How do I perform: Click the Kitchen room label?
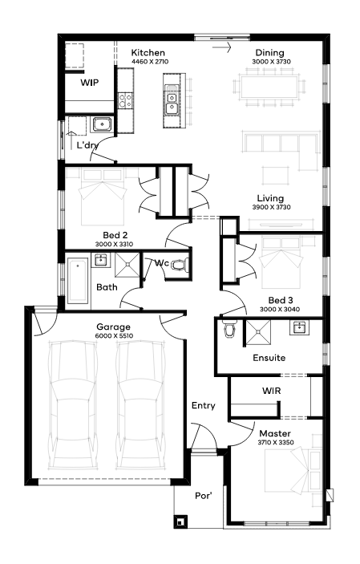tap(148, 53)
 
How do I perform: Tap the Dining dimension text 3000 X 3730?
tap(271, 62)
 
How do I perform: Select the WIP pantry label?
tap(89, 83)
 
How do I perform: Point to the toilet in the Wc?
tap(178, 265)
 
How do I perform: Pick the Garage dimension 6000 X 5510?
tap(114, 336)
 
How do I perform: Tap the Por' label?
tap(203, 496)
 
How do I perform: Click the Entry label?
tap(203, 406)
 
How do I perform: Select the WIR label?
tap(271, 391)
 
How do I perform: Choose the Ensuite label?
tap(269, 358)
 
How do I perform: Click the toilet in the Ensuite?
tap(229, 329)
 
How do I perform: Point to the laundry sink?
tap(103, 124)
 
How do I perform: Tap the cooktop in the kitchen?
tap(125, 100)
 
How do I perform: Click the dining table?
tap(269, 87)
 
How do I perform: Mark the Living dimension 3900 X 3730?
tap(271, 207)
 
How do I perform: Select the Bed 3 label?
tap(281, 300)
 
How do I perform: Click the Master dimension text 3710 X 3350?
tap(276, 442)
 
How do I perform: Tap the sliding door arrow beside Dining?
tap(221, 47)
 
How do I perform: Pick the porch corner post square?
tap(180, 521)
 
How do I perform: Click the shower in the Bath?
tap(127, 265)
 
